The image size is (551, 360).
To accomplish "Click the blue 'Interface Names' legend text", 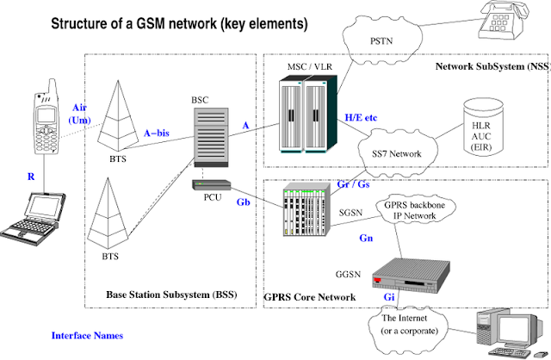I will click(x=87, y=335).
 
